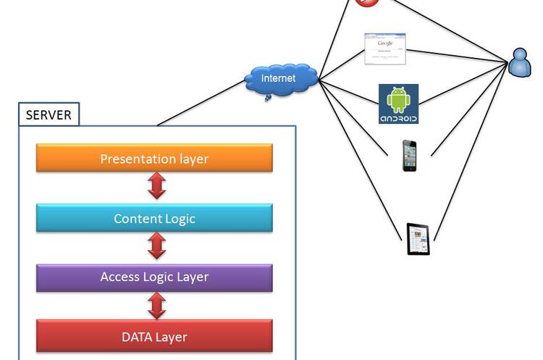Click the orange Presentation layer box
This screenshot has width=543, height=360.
click(x=154, y=158)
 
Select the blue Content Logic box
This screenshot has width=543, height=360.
click(x=154, y=218)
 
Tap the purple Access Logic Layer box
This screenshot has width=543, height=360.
click(x=154, y=277)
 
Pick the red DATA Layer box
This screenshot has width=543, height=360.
click(x=154, y=336)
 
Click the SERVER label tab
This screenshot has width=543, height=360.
click(x=49, y=114)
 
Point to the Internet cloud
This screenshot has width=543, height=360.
click(x=280, y=78)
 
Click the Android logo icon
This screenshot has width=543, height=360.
click(x=398, y=104)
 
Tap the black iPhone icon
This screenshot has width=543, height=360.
click(x=410, y=156)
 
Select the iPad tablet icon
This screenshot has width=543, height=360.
click(x=418, y=239)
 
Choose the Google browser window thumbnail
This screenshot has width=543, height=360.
click(x=385, y=49)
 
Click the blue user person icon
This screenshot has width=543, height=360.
click(x=520, y=62)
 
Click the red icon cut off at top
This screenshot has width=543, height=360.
click(x=367, y=2)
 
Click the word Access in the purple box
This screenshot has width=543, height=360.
click(x=119, y=277)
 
